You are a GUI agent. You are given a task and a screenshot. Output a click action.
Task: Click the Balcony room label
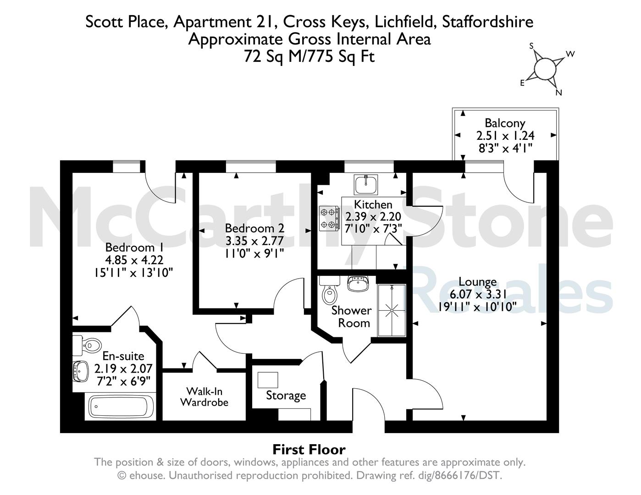click(505, 123)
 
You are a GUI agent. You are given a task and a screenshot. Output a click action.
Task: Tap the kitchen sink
click(366, 184)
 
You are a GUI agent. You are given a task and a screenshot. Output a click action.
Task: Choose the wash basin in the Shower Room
click(358, 283)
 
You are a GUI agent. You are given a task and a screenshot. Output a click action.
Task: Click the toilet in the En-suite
click(87, 345)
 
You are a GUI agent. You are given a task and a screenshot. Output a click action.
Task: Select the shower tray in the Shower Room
click(392, 310)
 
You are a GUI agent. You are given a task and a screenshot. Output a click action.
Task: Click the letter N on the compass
click(558, 93)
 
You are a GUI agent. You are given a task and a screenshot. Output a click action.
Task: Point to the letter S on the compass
click(531, 46)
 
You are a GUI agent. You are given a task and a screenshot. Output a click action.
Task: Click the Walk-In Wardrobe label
click(204, 397)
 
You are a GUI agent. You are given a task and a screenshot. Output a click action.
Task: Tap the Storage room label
click(286, 396)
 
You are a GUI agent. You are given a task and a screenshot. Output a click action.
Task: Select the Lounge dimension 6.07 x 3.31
click(478, 294)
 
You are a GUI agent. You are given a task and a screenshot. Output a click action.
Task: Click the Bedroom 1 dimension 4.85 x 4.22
click(134, 260)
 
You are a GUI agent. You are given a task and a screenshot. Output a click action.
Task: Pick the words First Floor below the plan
click(309, 450)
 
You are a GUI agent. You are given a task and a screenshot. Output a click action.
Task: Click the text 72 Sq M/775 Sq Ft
click(309, 56)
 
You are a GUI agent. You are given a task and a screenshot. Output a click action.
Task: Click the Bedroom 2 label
click(254, 228)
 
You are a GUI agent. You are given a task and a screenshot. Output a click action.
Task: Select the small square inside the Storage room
click(268, 380)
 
